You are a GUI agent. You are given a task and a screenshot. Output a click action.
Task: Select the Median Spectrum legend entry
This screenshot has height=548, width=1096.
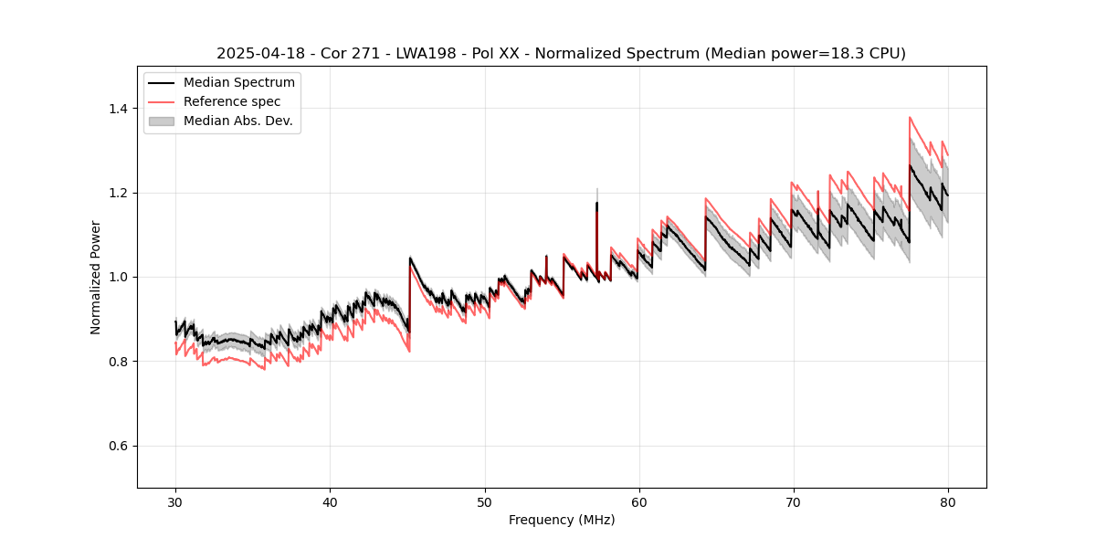tap(238, 83)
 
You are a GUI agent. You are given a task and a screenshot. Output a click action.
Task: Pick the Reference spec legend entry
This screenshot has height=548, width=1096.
tap(232, 101)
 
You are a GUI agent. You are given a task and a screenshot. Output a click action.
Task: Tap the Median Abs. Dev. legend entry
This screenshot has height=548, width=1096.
tap(237, 121)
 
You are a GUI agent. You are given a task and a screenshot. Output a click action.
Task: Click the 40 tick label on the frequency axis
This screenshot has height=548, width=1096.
tap(330, 501)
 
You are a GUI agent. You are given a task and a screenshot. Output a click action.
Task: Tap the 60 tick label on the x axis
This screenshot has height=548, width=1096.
tap(638, 501)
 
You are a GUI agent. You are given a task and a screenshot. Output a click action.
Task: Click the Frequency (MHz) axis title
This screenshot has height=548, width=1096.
tap(562, 520)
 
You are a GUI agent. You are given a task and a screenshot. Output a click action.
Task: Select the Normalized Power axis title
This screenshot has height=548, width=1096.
tap(96, 277)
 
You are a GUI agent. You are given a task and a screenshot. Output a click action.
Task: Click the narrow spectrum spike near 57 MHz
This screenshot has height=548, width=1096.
tap(596, 205)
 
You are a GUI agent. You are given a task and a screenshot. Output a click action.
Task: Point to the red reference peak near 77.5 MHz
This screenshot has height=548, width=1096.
tap(910, 118)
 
